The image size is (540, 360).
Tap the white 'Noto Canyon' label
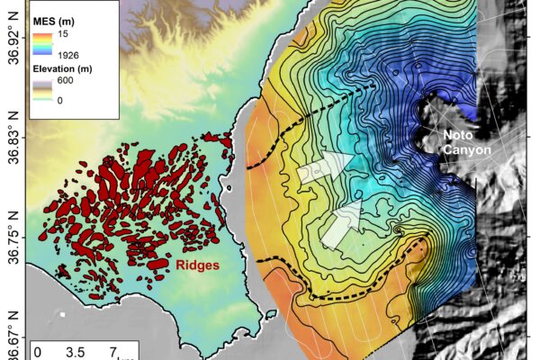coord(466,142)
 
